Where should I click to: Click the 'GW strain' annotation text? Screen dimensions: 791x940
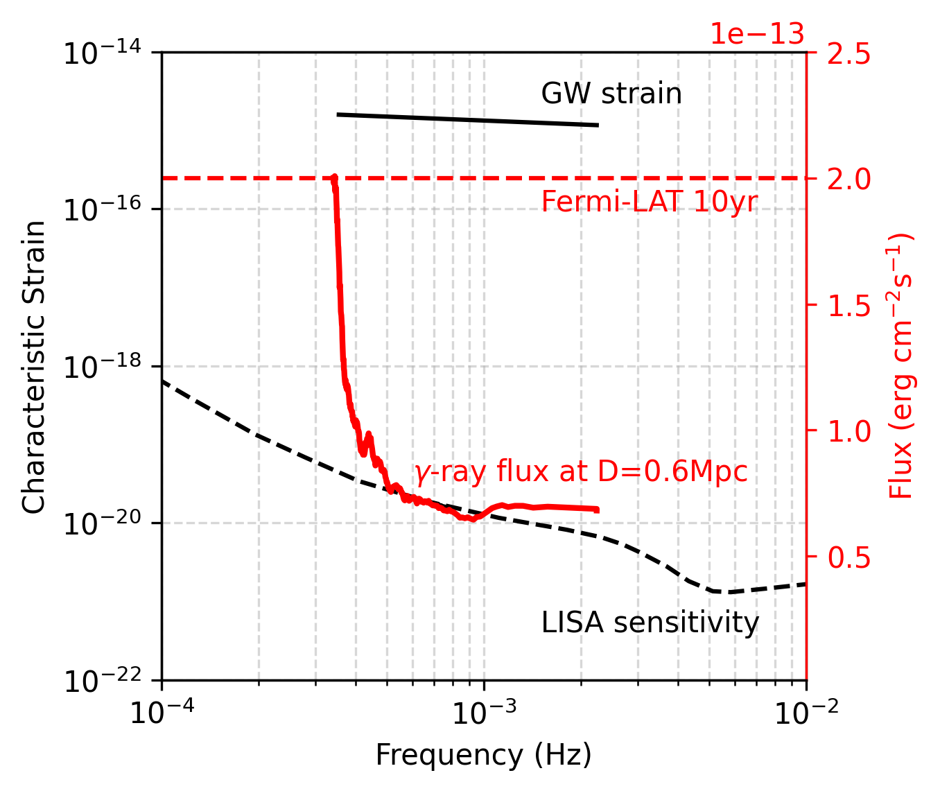click(x=611, y=94)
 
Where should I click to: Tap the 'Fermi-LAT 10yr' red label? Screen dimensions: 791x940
click(x=649, y=202)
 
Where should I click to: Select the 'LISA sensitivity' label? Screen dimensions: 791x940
click(x=650, y=623)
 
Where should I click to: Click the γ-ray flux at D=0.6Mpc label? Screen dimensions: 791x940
click(x=580, y=473)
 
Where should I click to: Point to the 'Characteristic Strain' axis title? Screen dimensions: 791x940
click(x=34, y=367)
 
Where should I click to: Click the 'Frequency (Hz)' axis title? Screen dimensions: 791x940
click(x=483, y=755)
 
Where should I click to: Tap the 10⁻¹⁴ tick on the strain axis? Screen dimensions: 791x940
click(x=102, y=53)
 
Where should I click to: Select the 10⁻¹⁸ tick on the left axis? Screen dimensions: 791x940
click(x=102, y=367)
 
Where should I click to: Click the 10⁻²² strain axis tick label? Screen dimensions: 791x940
click(x=102, y=681)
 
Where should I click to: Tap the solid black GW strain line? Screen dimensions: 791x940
click(x=467, y=120)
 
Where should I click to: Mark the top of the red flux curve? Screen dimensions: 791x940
click(x=334, y=178)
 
